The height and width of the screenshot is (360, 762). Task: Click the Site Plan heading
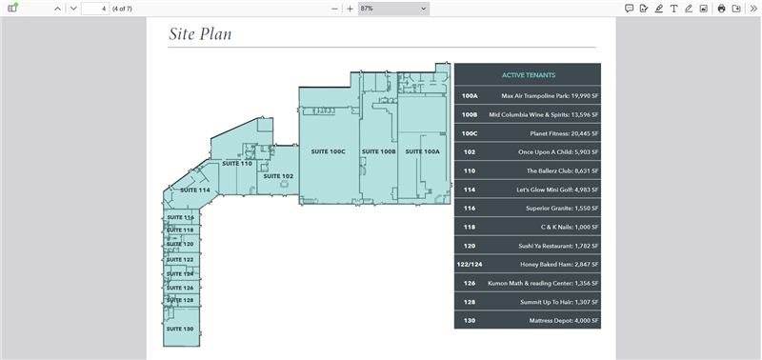pyautogui.click(x=200, y=33)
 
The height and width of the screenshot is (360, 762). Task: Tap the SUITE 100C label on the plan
pyautogui.click(x=328, y=151)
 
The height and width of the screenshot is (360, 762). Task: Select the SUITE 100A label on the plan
pyautogui.click(x=422, y=151)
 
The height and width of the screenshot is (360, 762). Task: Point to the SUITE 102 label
pyautogui.click(x=278, y=176)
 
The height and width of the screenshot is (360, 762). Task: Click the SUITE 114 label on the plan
pyautogui.click(x=195, y=190)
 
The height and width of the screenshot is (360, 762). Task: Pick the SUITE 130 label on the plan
pyautogui.click(x=180, y=329)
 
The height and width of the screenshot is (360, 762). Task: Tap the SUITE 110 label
pyautogui.click(x=237, y=164)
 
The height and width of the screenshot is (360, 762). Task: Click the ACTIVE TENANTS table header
pyautogui.click(x=529, y=75)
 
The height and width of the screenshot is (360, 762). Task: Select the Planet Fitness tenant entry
pyautogui.click(x=564, y=133)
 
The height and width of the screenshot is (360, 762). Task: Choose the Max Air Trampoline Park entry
pyautogui.click(x=551, y=95)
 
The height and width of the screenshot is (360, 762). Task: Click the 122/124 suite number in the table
pyautogui.click(x=470, y=265)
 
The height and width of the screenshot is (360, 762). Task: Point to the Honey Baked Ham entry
pyautogui.click(x=559, y=265)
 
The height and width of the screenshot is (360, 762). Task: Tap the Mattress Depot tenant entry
pyautogui.click(x=564, y=321)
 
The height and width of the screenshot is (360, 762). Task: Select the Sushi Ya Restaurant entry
pyautogui.click(x=558, y=247)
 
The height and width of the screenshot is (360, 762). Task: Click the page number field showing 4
pyautogui.click(x=95, y=9)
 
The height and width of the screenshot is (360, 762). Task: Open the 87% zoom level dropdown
pyautogui.click(x=393, y=9)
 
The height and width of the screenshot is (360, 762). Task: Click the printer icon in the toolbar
pyautogui.click(x=722, y=9)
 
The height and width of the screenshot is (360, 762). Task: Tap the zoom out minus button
pyautogui.click(x=334, y=9)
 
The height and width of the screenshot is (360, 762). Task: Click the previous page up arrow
pyautogui.click(x=57, y=9)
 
